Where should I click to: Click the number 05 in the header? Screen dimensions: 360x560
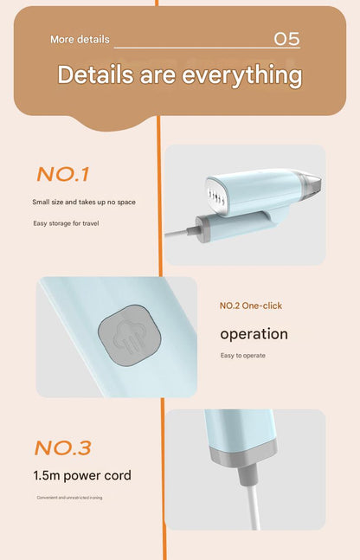286,39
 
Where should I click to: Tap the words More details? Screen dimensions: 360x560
80,39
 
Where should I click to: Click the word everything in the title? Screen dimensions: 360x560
242,75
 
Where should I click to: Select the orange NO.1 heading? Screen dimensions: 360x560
62,175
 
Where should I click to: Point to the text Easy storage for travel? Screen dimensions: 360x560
66,223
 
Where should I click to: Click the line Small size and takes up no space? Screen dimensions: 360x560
84,203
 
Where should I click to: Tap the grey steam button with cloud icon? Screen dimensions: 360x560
129,335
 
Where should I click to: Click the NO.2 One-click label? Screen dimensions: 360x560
251,306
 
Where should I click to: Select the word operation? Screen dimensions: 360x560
254,335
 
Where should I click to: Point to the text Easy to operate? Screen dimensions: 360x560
243,356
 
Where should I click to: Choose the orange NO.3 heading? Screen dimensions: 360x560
63,447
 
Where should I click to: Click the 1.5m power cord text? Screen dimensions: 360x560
82,476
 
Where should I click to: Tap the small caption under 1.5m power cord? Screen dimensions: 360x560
69,498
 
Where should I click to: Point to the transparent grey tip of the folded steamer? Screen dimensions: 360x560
308,183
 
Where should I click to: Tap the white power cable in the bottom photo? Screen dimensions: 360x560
254,507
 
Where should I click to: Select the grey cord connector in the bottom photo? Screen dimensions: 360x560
247,474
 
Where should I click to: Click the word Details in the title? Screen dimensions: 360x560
96,74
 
